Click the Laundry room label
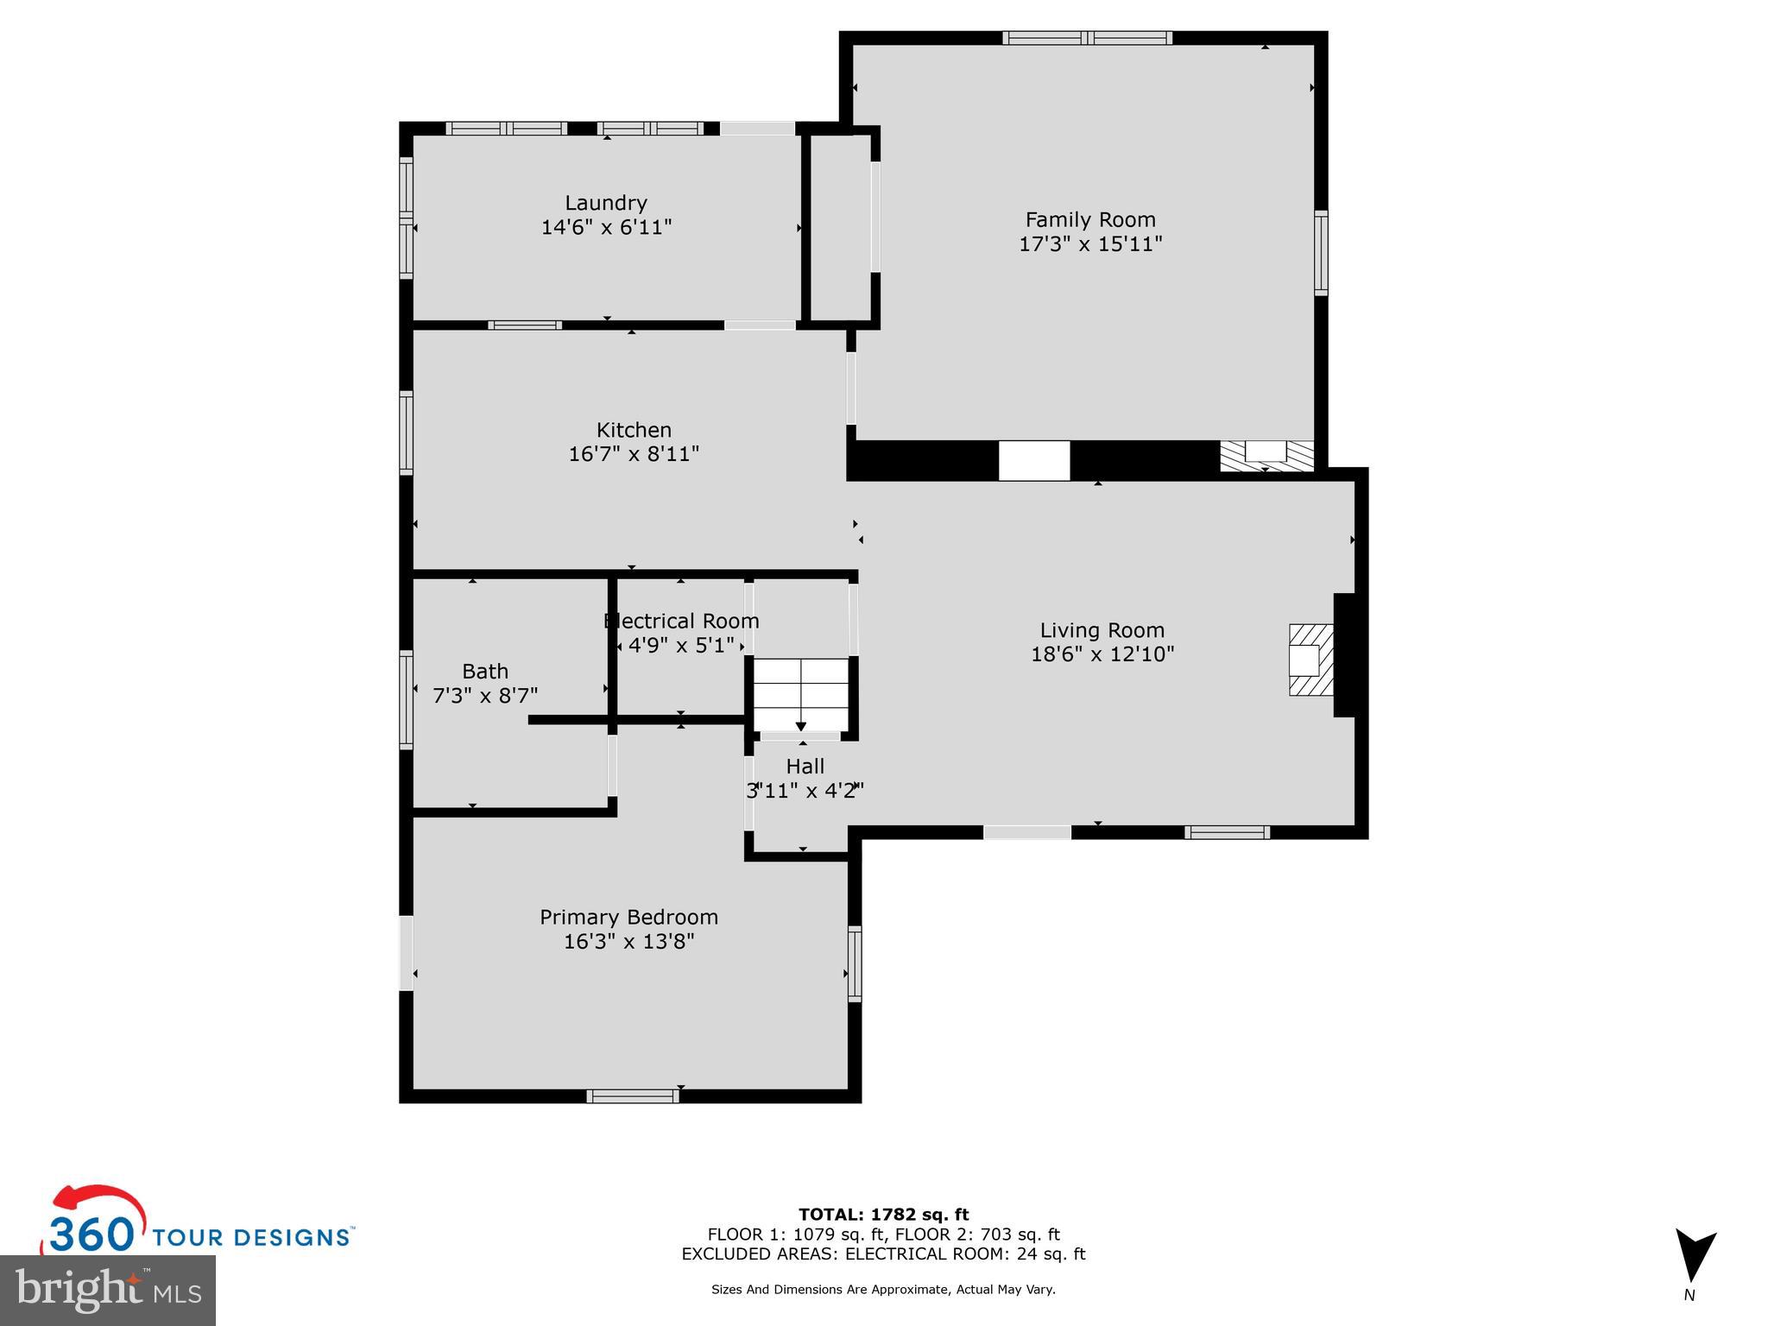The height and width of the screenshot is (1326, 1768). tap(606, 203)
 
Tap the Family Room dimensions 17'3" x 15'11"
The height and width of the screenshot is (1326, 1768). tap(1090, 244)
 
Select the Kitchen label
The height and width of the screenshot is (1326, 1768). tap(634, 430)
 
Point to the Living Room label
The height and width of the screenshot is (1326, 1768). tap(1102, 630)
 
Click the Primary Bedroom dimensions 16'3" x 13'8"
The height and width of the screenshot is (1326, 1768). tap(628, 941)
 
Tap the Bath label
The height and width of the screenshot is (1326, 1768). tap(485, 671)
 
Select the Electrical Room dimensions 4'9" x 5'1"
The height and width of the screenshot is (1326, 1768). tap(681, 645)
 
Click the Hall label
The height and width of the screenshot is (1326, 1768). tap(805, 766)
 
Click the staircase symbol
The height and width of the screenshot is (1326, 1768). tap(801, 694)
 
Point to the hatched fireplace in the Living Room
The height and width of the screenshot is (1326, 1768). tap(1310, 660)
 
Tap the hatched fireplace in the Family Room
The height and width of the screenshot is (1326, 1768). tap(1266, 455)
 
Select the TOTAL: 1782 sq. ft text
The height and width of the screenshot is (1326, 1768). tap(883, 1215)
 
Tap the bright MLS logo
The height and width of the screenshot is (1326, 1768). tap(108, 1291)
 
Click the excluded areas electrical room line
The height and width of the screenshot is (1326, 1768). tap(883, 1254)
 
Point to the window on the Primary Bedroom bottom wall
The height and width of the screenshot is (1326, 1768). tap(633, 1096)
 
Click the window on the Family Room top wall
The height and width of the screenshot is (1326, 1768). tap(1087, 38)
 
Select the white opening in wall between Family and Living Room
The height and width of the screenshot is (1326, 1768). tap(1034, 461)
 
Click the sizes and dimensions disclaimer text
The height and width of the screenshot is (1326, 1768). tap(883, 1290)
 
